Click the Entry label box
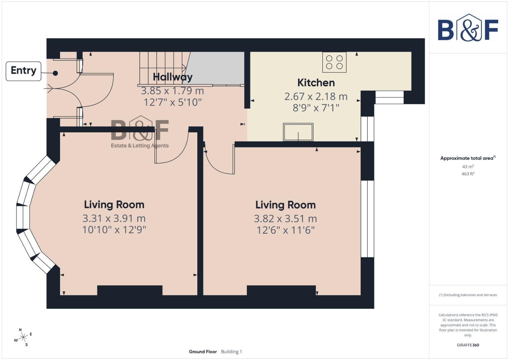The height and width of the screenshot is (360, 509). tap(23, 71)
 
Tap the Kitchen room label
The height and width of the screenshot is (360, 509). tap(316, 83)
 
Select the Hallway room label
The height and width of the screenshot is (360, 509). tap(172, 77)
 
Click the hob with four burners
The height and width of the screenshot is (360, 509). tap(334, 62)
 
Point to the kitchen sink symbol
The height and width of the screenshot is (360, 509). tap(298, 132)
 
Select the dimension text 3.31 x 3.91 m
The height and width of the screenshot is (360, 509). tap(114, 218)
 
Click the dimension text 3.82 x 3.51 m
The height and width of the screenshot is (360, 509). tap(285, 219)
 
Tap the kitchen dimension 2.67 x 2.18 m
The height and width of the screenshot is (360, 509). tap(316, 96)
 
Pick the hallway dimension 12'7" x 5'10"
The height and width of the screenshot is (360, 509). tap(172, 102)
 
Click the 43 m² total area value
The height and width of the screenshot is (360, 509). tap(468, 166)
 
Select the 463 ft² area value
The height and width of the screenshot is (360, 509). tap(468, 174)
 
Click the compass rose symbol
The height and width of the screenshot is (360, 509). tap(23, 337)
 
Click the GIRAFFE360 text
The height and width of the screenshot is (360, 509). tap(468, 345)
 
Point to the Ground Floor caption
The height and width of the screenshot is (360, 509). tap(203, 351)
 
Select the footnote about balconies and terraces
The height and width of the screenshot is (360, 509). tap(468, 295)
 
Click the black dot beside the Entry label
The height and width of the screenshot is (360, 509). tap(55, 73)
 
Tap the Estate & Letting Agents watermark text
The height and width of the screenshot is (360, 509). tap(140, 146)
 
